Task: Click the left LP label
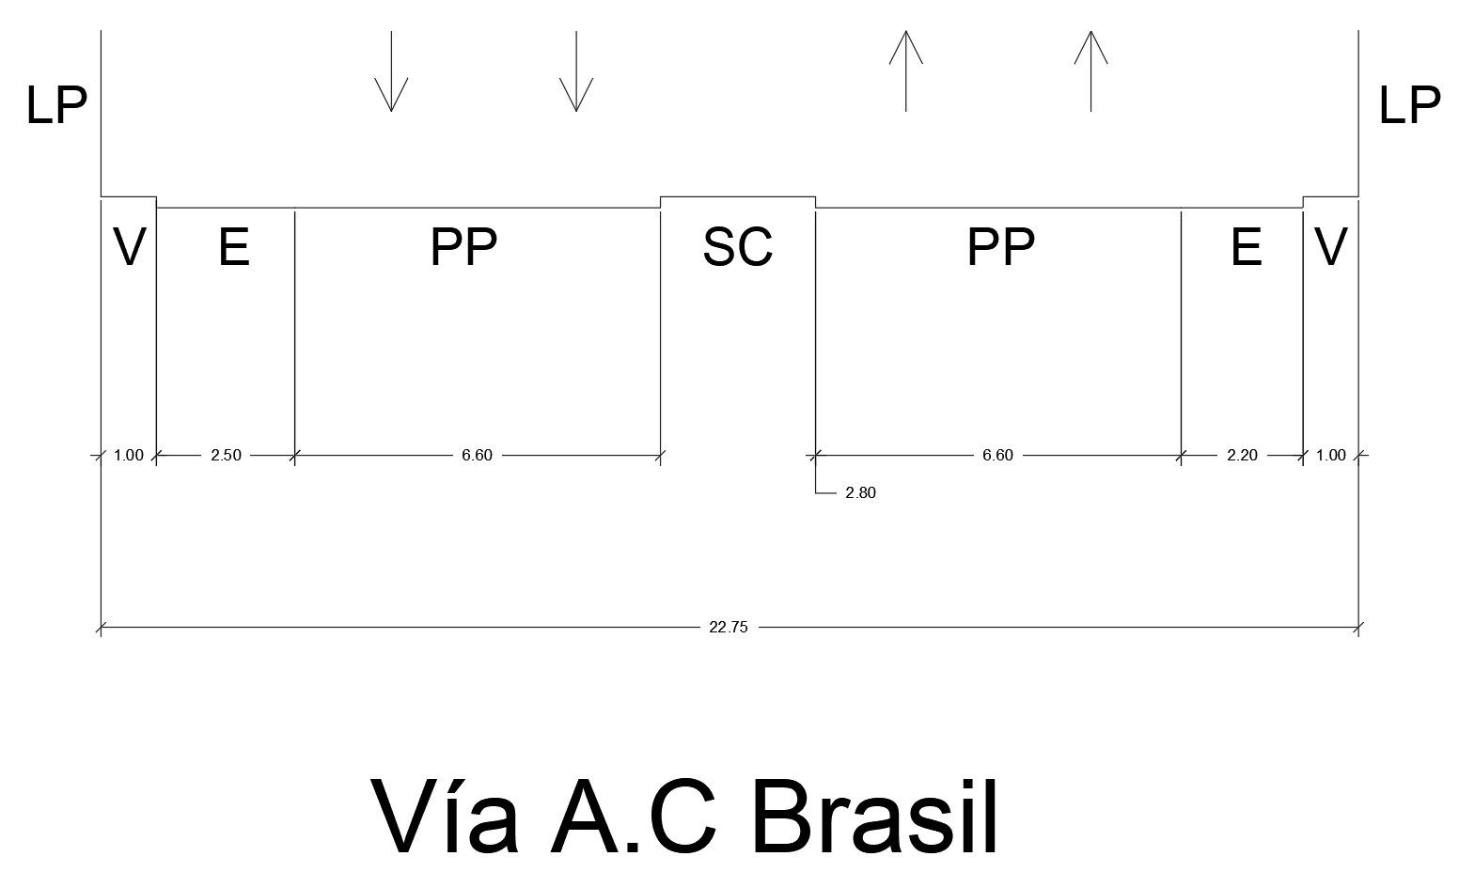56,105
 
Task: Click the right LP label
1408,105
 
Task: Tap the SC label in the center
737,247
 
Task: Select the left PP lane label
463,247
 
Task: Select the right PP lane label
1000,247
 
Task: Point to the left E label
234,247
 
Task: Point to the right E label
1246,247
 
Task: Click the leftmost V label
129,247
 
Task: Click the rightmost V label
1330,247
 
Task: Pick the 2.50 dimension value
226,456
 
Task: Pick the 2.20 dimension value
1241,456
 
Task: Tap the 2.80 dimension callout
860,493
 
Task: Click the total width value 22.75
728,628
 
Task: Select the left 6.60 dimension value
477,456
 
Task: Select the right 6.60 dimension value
997,456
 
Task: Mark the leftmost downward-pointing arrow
391,71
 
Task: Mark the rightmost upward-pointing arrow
1090,71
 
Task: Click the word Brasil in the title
874,816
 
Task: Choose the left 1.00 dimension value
128,456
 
